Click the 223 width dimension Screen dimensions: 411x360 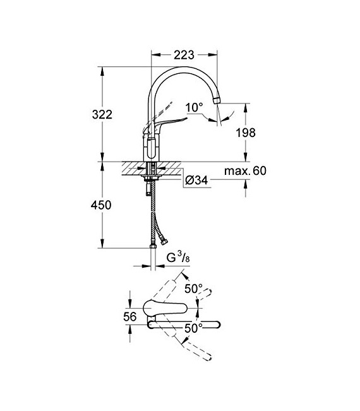[x=184, y=54]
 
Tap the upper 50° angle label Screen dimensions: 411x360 [x=193, y=289]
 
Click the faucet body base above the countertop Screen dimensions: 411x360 [x=152, y=150]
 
